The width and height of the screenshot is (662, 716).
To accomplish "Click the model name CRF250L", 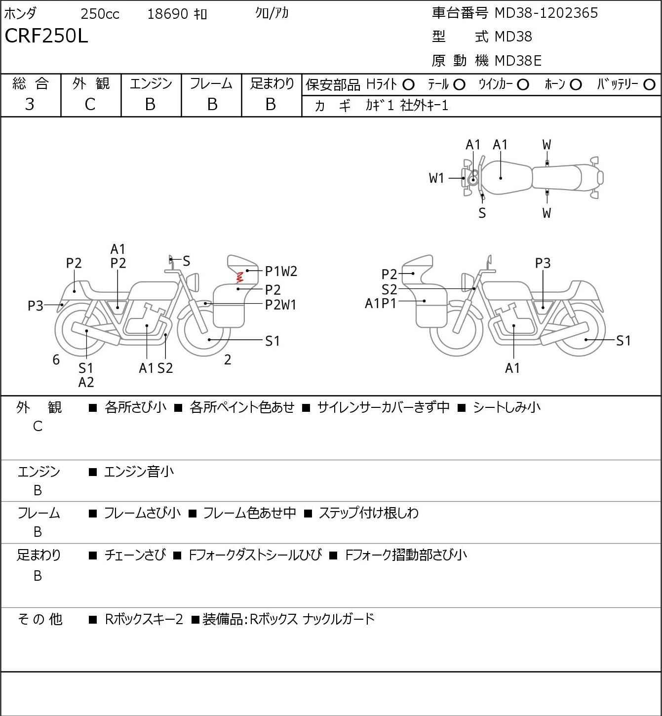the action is pyautogui.click(x=46, y=36).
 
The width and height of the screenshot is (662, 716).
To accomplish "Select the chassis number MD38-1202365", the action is pyautogui.click(x=546, y=13).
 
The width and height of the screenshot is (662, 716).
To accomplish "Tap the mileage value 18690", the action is pyautogui.click(x=168, y=14).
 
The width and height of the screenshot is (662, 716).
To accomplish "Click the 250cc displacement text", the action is pyautogui.click(x=100, y=14).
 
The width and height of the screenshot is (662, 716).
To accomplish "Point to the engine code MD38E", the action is pyautogui.click(x=518, y=61).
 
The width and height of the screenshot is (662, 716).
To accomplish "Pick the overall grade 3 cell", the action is pyautogui.click(x=30, y=105).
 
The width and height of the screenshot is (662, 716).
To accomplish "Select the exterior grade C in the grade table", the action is pyautogui.click(x=90, y=105).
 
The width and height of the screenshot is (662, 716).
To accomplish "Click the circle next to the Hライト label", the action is pyautogui.click(x=408, y=85).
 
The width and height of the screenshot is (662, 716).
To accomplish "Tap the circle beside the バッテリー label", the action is pyautogui.click(x=649, y=85).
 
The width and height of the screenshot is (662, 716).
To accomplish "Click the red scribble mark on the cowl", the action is pyautogui.click(x=239, y=277).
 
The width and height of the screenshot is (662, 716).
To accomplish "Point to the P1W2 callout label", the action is pyautogui.click(x=281, y=272).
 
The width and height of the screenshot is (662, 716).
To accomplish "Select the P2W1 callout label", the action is pyautogui.click(x=280, y=305).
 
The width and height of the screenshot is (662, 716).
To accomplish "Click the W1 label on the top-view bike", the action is pyautogui.click(x=436, y=178).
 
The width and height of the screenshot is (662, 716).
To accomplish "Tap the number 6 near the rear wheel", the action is pyautogui.click(x=56, y=359).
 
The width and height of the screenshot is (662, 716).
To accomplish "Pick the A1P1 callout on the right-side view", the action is pyautogui.click(x=381, y=304).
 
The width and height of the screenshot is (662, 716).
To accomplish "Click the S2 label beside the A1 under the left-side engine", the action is pyautogui.click(x=165, y=368).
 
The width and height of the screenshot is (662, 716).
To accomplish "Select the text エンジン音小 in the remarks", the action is pyautogui.click(x=139, y=472).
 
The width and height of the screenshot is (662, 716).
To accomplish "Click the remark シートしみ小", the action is pyautogui.click(x=506, y=407).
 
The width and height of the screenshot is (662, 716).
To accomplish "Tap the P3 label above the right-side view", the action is pyautogui.click(x=543, y=264).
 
